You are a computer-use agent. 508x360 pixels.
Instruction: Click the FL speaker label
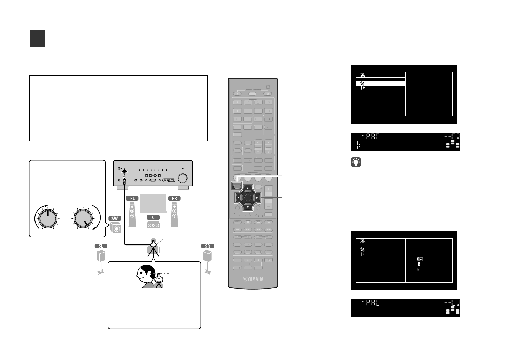click(132, 199)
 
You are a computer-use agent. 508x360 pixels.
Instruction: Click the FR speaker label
click(175, 199)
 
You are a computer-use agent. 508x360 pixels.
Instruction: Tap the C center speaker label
click(153, 217)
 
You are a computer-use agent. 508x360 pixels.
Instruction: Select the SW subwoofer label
click(115, 218)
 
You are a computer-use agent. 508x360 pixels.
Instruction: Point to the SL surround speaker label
click(101, 246)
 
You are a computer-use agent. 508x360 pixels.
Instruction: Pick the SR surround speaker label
click(208, 246)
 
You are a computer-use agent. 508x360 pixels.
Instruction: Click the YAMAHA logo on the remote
click(253, 279)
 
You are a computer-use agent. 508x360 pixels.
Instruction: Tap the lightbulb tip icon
click(356, 162)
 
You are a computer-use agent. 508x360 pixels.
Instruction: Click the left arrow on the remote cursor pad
click(238, 198)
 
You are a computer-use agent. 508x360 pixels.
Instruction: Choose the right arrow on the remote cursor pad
click(257, 198)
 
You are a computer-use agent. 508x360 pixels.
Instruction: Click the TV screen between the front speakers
click(153, 202)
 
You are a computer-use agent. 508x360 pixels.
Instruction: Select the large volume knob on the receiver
click(183, 178)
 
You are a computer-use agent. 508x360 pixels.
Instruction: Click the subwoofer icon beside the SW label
click(115, 227)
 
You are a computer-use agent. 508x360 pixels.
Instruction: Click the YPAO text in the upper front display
click(371, 136)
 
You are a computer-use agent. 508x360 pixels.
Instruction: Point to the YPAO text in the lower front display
click(371, 302)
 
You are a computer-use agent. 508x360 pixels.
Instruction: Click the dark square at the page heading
click(37, 38)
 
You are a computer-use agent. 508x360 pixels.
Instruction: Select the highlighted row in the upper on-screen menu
click(380, 84)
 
